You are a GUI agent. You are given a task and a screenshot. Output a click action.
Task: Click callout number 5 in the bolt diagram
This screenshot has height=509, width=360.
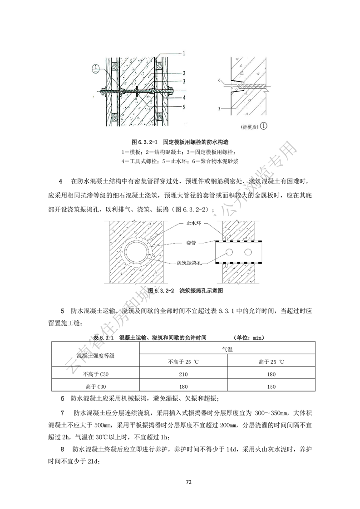184,108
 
